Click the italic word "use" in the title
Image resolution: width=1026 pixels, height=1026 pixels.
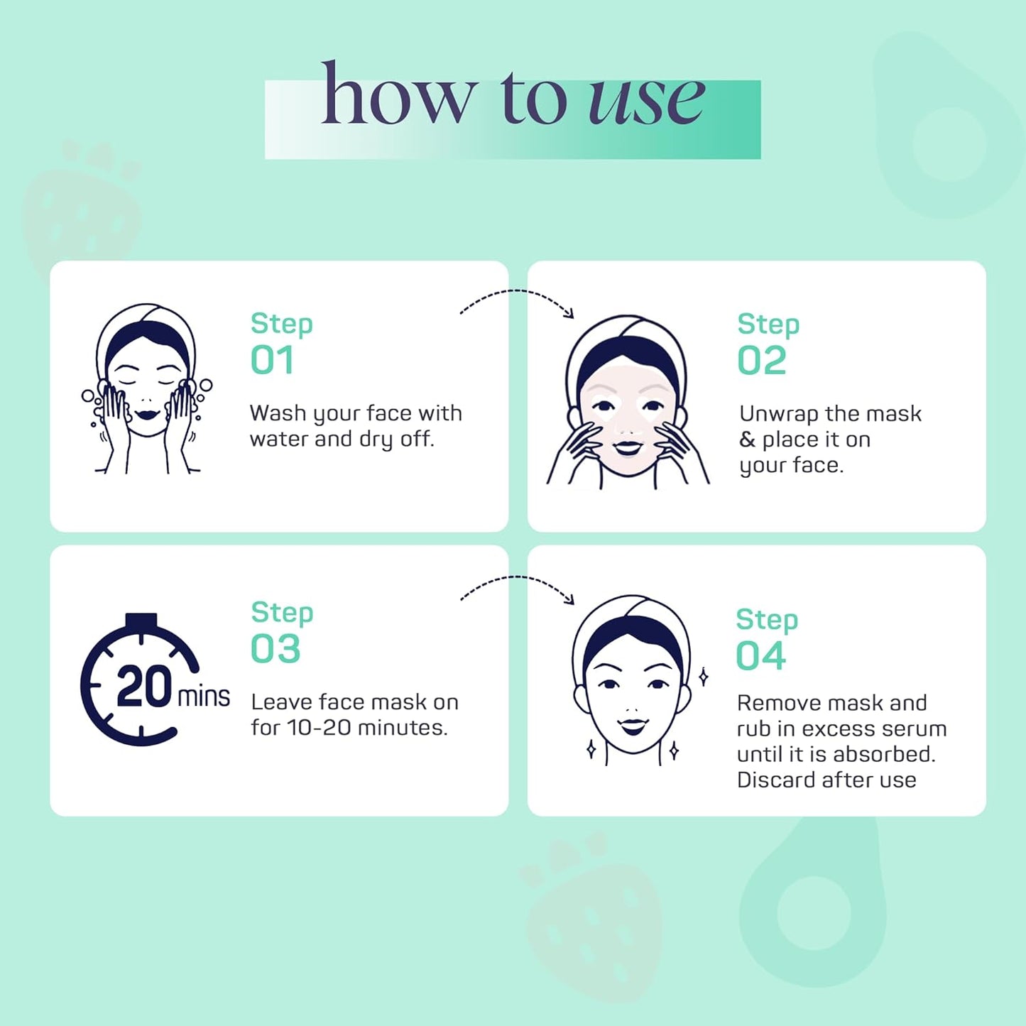[x=646, y=101]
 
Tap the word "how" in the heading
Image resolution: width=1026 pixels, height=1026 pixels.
[x=397, y=92]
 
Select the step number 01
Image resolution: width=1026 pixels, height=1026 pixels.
[x=272, y=360]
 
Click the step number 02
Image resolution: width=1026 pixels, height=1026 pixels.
[x=762, y=361]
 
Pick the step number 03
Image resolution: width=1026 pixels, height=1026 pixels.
[x=275, y=648]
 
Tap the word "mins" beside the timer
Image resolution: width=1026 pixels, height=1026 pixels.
[x=203, y=697]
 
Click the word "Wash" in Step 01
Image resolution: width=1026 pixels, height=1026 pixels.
[x=278, y=413]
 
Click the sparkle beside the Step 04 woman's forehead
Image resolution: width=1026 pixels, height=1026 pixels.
[x=704, y=677]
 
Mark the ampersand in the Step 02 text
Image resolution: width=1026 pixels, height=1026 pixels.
[x=747, y=440]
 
